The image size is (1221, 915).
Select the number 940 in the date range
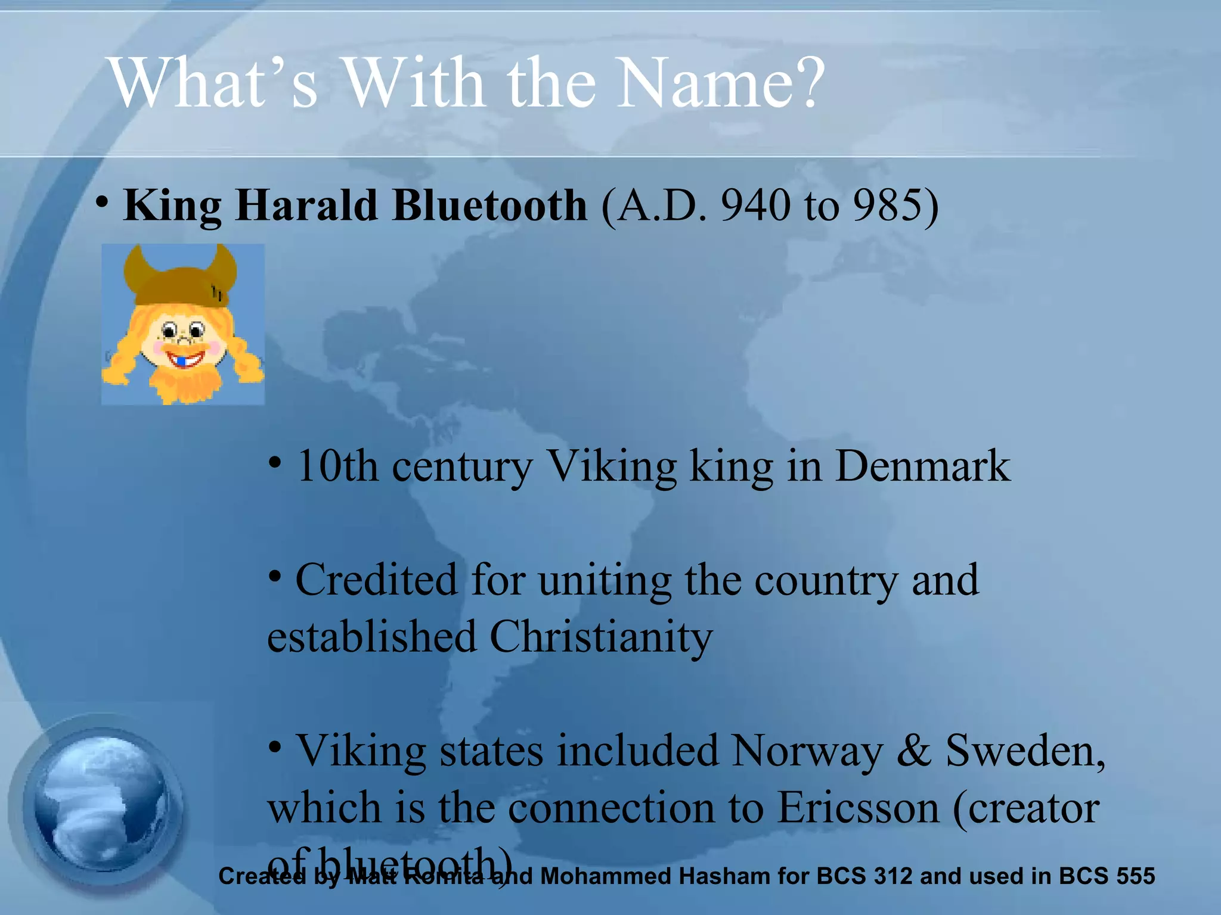pyautogui.click(x=756, y=206)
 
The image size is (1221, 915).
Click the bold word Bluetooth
pyautogui.click(x=489, y=206)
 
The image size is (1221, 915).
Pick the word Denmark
pyautogui.click(x=922, y=466)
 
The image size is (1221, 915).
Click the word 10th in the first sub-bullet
pyautogui.click(x=337, y=466)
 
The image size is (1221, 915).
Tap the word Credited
pyautogui.click(x=376, y=580)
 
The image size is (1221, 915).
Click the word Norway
pyautogui.click(x=807, y=751)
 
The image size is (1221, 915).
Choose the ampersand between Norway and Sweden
pyautogui.click(x=913, y=751)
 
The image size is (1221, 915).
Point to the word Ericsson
pyautogui.click(x=859, y=808)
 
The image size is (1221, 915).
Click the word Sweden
pyautogui.click(x=1024, y=751)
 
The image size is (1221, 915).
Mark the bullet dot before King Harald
pyautogui.click(x=103, y=203)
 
